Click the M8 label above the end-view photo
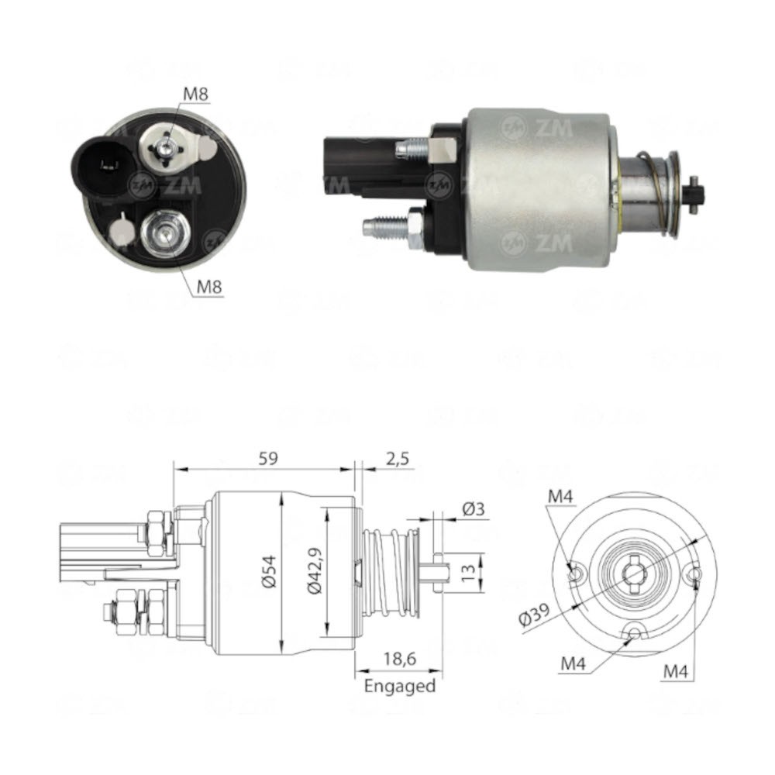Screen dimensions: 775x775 pyautogui.click(x=196, y=95)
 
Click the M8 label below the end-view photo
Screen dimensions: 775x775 pyautogui.click(x=209, y=286)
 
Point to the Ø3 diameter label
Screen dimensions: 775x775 pyautogui.click(x=474, y=509)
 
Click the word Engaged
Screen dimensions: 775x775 pyautogui.click(x=400, y=686)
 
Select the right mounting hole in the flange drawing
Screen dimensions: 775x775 pyautogui.click(x=694, y=574)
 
